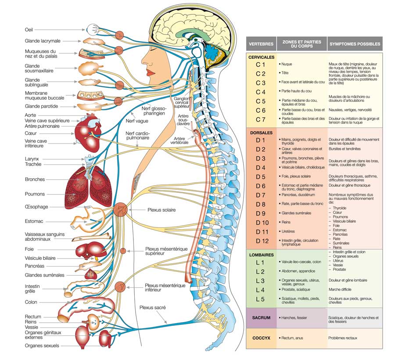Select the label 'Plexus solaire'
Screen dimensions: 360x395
(x=162, y=210)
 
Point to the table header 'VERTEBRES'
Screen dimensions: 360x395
(x=261, y=44)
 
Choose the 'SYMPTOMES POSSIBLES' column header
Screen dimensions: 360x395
(x=355, y=44)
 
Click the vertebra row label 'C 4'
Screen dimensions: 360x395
(x=261, y=92)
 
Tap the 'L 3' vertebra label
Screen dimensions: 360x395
(x=261, y=281)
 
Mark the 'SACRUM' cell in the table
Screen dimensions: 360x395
(x=261, y=317)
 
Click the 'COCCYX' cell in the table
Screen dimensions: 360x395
(x=261, y=338)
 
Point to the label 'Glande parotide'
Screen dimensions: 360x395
(x=41, y=106)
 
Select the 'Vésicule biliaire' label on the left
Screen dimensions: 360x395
(x=40, y=258)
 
